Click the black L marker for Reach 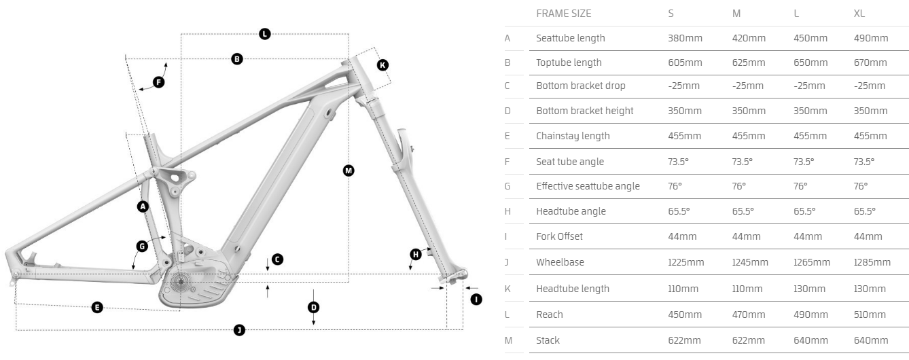pyautogui.click(x=265, y=34)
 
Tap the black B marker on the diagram pyautogui.click(x=237, y=59)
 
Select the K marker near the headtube pyautogui.click(x=382, y=65)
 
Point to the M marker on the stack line pyautogui.click(x=349, y=170)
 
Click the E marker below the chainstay pyautogui.click(x=97, y=308)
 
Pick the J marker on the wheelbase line pyautogui.click(x=239, y=330)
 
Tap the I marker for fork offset pyautogui.click(x=476, y=299)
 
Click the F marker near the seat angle pyautogui.click(x=158, y=82)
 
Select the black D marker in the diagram pyautogui.click(x=313, y=307)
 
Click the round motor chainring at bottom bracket pyautogui.click(x=181, y=282)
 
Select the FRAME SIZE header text pyautogui.click(x=563, y=13)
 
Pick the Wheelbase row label pyautogui.click(x=560, y=262)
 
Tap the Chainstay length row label pyautogui.click(x=573, y=136)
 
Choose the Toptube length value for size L pyautogui.click(x=809, y=62)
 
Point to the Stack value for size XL pyautogui.click(x=870, y=340)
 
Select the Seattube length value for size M pyautogui.click(x=749, y=38)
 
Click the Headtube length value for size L pyautogui.click(x=809, y=289)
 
